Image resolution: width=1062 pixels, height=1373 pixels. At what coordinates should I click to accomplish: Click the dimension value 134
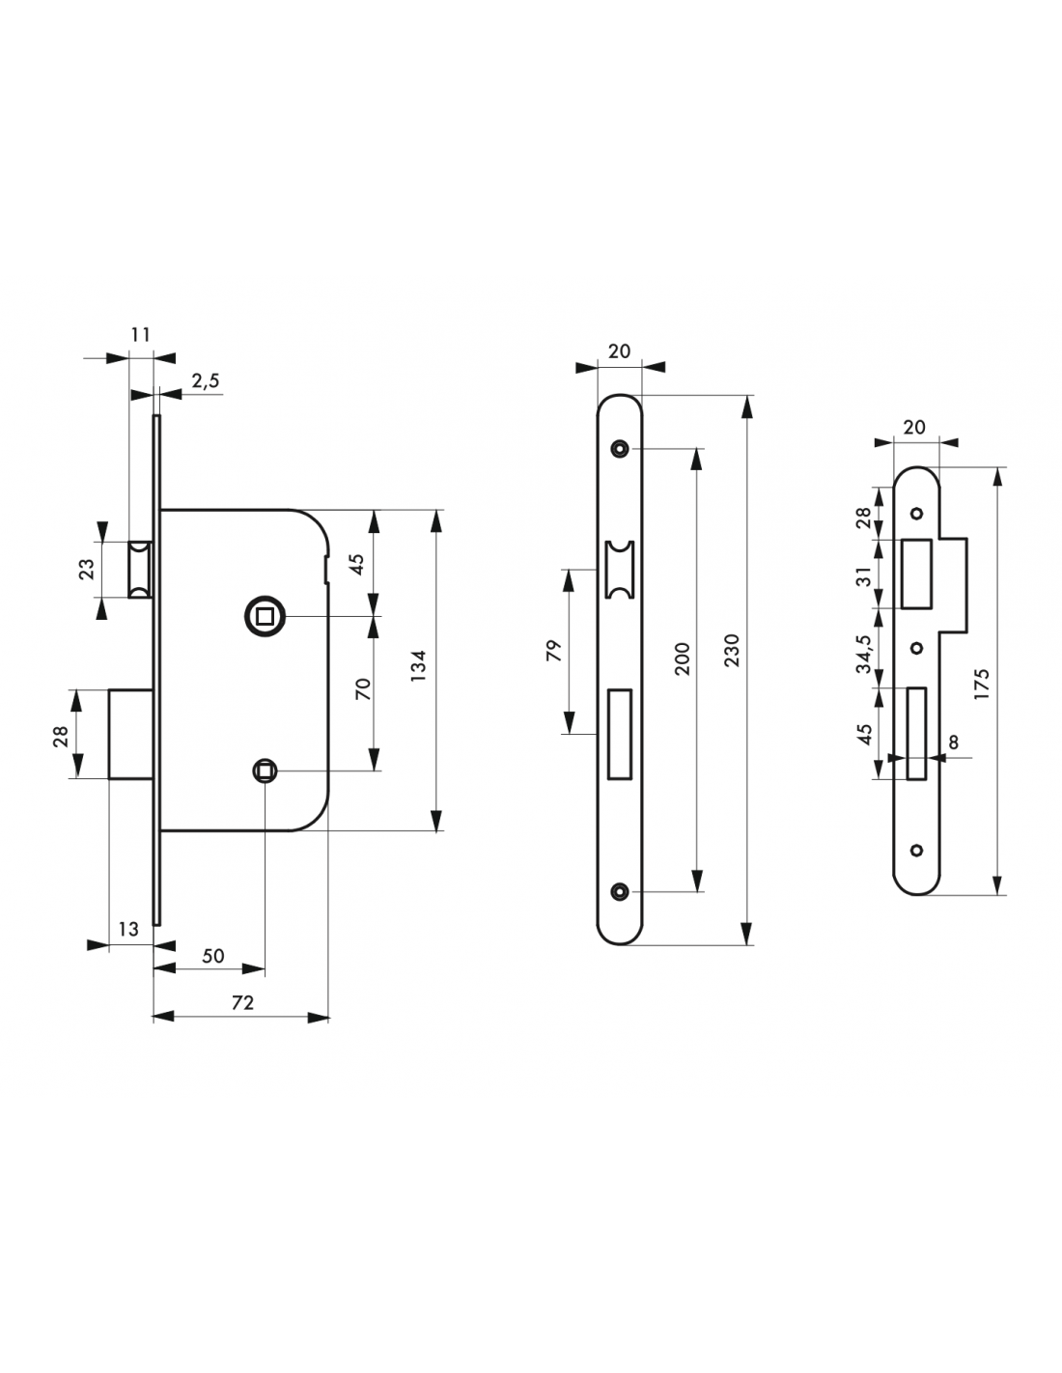pos(419,664)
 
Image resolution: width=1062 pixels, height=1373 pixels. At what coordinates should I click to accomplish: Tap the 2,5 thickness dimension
pos(206,380)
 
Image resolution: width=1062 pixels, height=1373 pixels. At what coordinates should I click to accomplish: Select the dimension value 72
pos(242,1002)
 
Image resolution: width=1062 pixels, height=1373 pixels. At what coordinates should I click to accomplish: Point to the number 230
pos(731,651)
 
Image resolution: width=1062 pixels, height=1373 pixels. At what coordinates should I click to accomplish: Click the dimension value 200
pos(683,659)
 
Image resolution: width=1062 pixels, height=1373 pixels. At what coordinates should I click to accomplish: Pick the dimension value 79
pos(553,651)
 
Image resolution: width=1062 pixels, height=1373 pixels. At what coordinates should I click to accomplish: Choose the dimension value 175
pos(981,684)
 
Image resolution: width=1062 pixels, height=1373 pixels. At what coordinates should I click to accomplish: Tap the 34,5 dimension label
pos(864,654)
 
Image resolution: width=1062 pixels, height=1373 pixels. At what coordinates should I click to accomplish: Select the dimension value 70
pos(363,688)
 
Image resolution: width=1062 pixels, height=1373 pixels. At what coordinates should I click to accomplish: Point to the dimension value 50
pos(213,955)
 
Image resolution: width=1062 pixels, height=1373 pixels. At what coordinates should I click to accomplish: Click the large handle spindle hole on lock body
pos(265,615)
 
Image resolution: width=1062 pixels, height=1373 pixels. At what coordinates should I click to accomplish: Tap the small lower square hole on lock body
pos(265,771)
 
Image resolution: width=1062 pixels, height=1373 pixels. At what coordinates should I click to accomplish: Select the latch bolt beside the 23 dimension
pos(140,570)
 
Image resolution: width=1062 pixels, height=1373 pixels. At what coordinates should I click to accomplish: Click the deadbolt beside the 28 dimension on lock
pos(130,734)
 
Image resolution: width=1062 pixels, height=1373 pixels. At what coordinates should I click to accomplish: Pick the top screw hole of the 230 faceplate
pos(619,449)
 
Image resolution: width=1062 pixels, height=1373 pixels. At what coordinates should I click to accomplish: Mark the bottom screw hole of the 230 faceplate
pos(619,891)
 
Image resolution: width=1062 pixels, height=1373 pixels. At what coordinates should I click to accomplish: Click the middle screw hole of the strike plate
pos(917,648)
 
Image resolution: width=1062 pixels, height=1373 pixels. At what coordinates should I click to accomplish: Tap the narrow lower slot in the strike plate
pos(916,733)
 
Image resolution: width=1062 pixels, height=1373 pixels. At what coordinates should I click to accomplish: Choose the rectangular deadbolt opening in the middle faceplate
pos(619,734)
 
